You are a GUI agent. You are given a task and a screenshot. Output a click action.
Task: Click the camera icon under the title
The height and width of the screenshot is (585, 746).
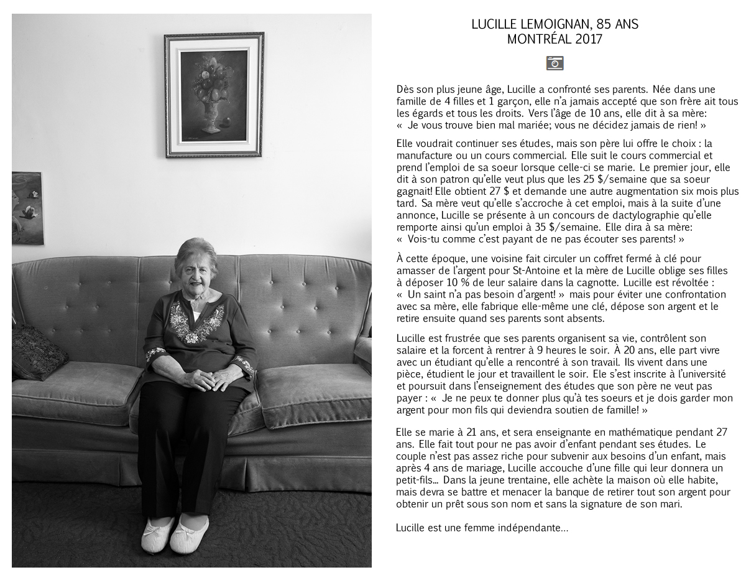coord(555,63)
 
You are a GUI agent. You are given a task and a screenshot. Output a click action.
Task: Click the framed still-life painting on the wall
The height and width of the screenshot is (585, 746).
coord(214,95)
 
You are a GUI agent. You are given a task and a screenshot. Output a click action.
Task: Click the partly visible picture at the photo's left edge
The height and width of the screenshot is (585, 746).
coord(27,208)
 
